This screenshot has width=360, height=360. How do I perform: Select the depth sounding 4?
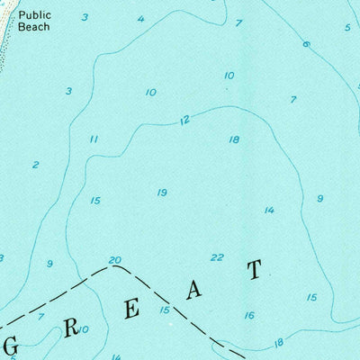(140, 19)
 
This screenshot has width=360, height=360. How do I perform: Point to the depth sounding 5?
(346, 27)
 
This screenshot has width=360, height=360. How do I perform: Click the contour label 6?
(306, 43)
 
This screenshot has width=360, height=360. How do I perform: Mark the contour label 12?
(184, 120)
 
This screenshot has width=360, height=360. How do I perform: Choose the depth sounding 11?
(93, 139)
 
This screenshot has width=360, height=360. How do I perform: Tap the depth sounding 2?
(35, 165)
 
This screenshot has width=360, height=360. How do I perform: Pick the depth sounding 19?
(162, 193)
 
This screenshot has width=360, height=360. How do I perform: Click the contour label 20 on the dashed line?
(114, 261)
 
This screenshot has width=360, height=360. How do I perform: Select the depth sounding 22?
(217, 257)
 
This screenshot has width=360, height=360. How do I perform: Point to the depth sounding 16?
(249, 315)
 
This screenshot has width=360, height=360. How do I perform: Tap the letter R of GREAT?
(71, 328)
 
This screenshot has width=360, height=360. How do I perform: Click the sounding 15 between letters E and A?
(165, 310)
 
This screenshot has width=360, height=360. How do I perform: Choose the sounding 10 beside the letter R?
(84, 329)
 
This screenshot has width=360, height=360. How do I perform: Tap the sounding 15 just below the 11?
(95, 200)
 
